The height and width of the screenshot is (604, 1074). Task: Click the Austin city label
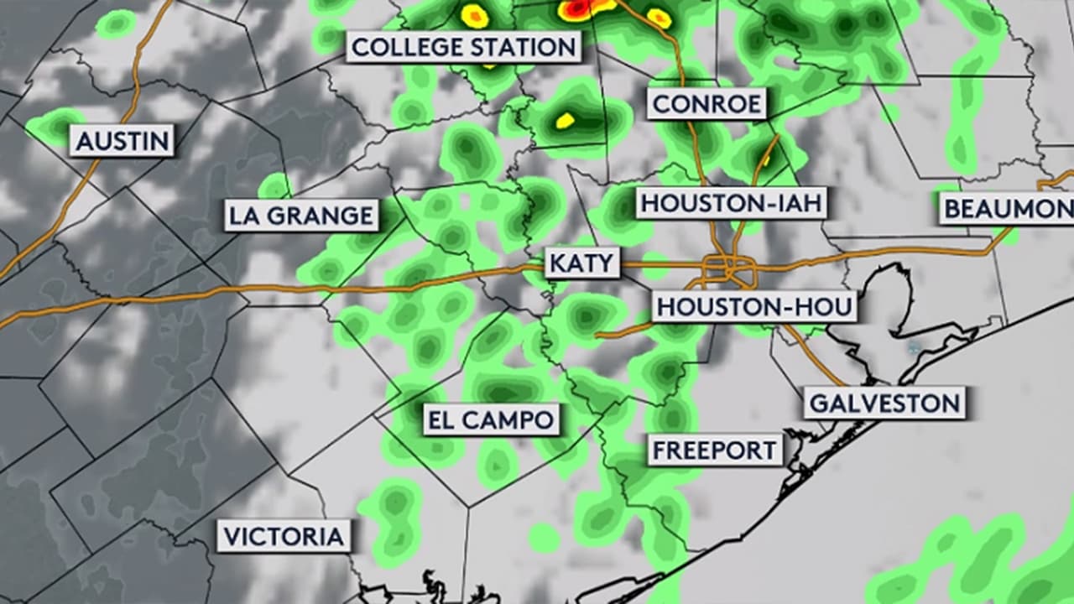pyautogui.click(x=123, y=140)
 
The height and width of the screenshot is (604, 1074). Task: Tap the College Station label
pyautogui.click(x=464, y=47)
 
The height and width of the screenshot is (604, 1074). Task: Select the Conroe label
pyautogui.click(x=707, y=104)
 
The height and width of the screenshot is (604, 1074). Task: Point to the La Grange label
pyautogui.click(x=301, y=216)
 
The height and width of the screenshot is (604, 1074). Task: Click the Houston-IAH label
pyautogui.click(x=730, y=204)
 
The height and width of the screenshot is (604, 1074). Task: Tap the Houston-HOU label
pyautogui.click(x=754, y=307)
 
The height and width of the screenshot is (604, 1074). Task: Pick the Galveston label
pyautogui.click(x=884, y=404)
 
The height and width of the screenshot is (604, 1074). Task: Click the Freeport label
pyautogui.click(x=715, y=450)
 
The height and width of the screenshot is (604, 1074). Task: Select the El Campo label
pyautogui.click(x=491, y=419)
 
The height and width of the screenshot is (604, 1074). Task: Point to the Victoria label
pyautogui.click(x=284, y=536)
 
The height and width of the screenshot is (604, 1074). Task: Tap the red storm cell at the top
pyautogui.click(x=579, y=9)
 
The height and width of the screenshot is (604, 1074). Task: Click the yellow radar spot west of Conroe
pyautogui.click(x=566, y=121)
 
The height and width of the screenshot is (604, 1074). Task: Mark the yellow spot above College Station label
pyautogui.click(x=474, y=15)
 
